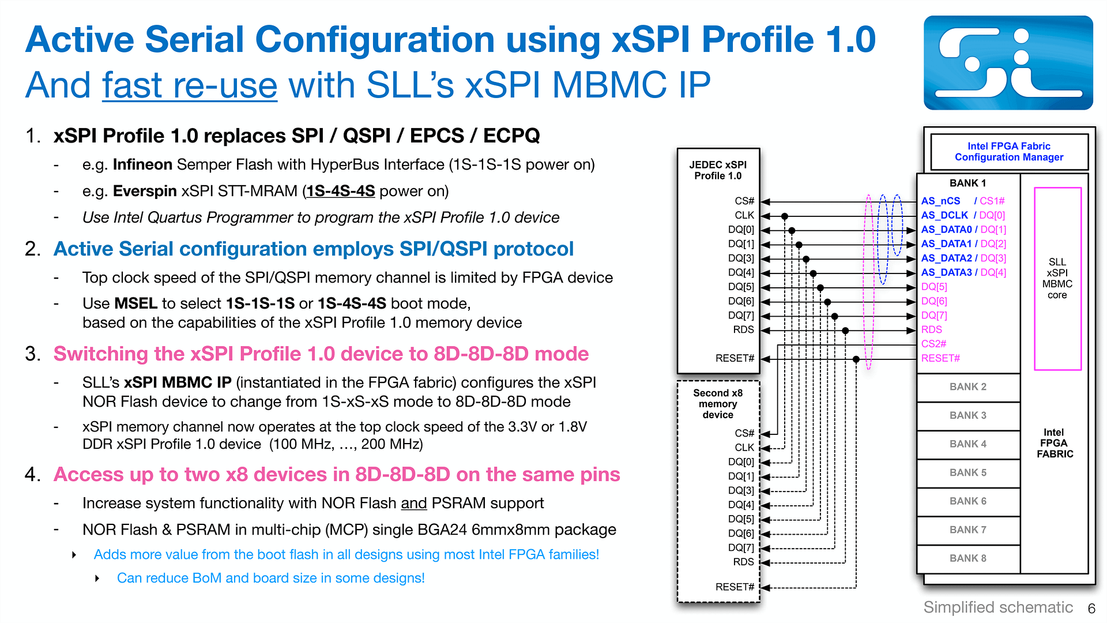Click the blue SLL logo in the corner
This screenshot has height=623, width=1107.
pyautogui.click(x=1008, y=63)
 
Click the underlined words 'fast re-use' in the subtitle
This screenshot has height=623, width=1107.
pyautogui.click(x=190, y=85)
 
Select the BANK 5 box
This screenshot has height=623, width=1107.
pyautogui.click(x=968, y=473)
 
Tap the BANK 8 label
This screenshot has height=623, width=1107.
pyautogui.click(x=968, y=558)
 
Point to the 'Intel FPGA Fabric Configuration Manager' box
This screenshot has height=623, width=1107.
pyautogui.click(x=1009, y=152)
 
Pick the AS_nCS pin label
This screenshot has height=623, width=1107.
pyautogui.click(x=940, y=201)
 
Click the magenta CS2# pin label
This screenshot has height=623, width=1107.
pyautogui.click(x=933, y=344)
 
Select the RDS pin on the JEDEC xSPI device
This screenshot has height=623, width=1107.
pyautogui.click(x=743, y=330)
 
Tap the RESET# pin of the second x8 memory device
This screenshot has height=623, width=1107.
pyautogui.click(x=735, y=587)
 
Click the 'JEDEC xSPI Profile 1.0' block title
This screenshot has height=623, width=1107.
pyautogui.click(x=718, y=170)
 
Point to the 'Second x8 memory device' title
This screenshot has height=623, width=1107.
pyautogui.click(x=718, y=404)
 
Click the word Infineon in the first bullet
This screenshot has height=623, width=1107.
pyautogui.click(x=142, y=165)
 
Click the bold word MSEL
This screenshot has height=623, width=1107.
pyautogui.click(x=136, y=303)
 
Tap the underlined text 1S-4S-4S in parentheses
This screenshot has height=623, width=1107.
pyautogui.click(x=340, y=192)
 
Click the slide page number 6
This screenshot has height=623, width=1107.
pyautogui.click(x=1091, y=609)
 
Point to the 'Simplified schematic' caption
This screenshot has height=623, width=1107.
pyautogui.click(x=998, y=607)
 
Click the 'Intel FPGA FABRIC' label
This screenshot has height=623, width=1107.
pyautogui.click(x=1055, y=443)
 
